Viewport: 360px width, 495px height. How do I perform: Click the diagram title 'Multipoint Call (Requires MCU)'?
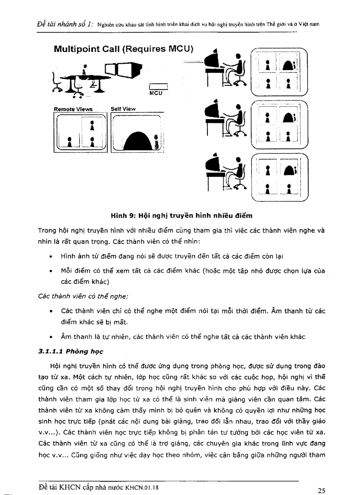pos(124,49)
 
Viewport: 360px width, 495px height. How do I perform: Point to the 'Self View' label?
pos(123,109)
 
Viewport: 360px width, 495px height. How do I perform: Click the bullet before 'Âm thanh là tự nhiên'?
pos(53,337)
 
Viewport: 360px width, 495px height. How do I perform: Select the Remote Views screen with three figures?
pos(81,132)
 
